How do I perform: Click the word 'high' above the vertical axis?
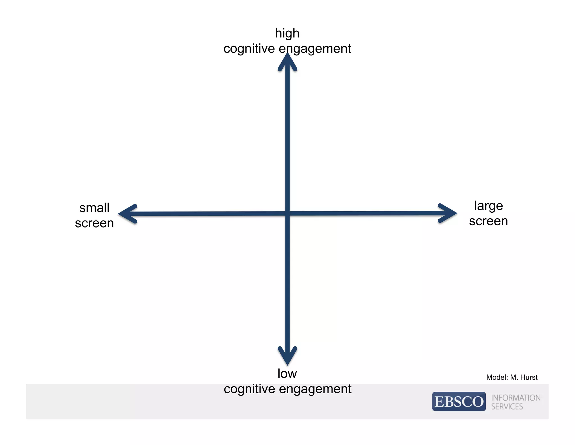[x=287, y=34]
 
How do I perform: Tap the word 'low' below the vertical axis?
[x=287, y=374]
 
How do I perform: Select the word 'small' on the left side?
[x=94, y=208]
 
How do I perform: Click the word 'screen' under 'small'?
[x=94, y=223]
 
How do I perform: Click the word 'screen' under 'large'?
[x=488, y=221]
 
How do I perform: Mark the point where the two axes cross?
[x=287, y=213]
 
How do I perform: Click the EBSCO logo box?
[x=459, y=401]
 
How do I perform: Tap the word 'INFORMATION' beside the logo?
[x=516, y=398]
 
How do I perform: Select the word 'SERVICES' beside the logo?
[x=507, y=406]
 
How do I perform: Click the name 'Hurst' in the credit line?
[x=529, y=377]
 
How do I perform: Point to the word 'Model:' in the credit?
[x=497, y=377]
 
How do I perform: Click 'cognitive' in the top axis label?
[x=249, y=49]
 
